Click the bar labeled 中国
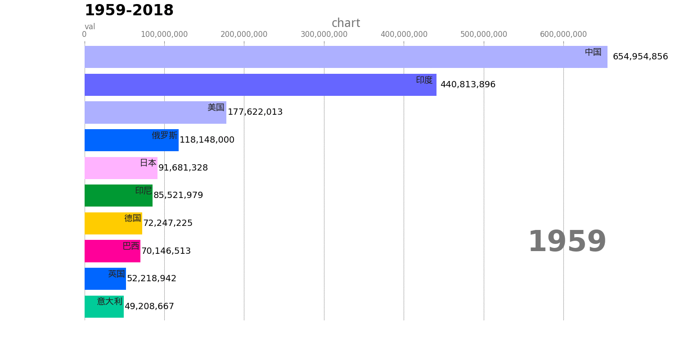coord(346,57)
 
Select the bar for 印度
coord(261,85)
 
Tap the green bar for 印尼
coord(118,195)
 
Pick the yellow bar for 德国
coord(113,223)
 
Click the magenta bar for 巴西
coord(112,251)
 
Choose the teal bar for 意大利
coord(104,306)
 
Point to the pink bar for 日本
coord(121,168)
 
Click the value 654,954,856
coord(640,57)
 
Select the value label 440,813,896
coord(468,84)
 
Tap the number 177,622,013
coord(255,112)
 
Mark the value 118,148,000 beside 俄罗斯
coord(207,140)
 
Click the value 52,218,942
coord(152,279)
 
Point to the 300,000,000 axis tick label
coord(324,34)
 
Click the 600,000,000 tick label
coord(563,34)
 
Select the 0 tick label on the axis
coord(85,34)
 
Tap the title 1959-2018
coord(129,10)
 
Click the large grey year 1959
coord(567,241)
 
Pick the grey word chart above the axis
coord(346,23)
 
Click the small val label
coord(90,27)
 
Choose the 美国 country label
coord(216,107)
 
